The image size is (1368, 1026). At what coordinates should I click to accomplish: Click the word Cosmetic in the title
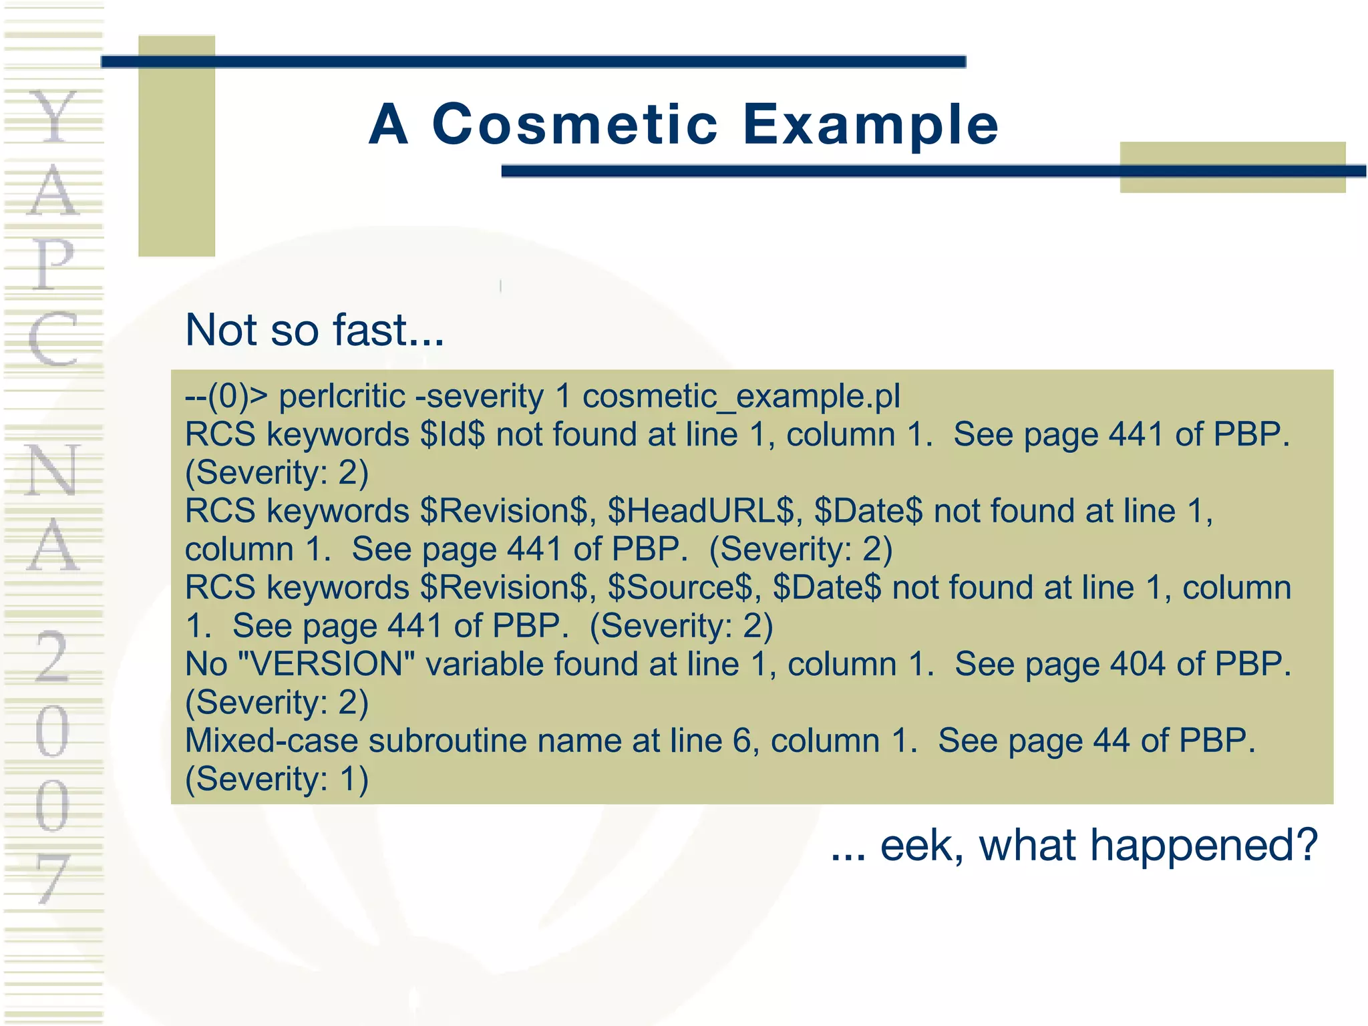click(x=575, y=125)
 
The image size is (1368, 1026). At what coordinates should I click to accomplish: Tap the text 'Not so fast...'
click(x=315, y=330)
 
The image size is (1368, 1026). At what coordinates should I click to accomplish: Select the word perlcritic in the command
click(x=342, y=396)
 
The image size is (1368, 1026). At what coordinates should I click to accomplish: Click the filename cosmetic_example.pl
click(x=741, y=396)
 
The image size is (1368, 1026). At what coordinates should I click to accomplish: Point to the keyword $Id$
click(x=452, y=435)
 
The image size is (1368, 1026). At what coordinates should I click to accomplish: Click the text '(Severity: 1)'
click(x=277, y=780)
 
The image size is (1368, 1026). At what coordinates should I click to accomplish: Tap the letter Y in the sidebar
click(x=53, y=118)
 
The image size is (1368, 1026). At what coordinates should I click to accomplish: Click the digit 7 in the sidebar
click(x=53, y=878)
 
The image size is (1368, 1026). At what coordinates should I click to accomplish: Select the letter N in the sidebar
click(x=53, y=470)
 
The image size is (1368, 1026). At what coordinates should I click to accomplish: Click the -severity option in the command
click(x=479, y=396)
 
